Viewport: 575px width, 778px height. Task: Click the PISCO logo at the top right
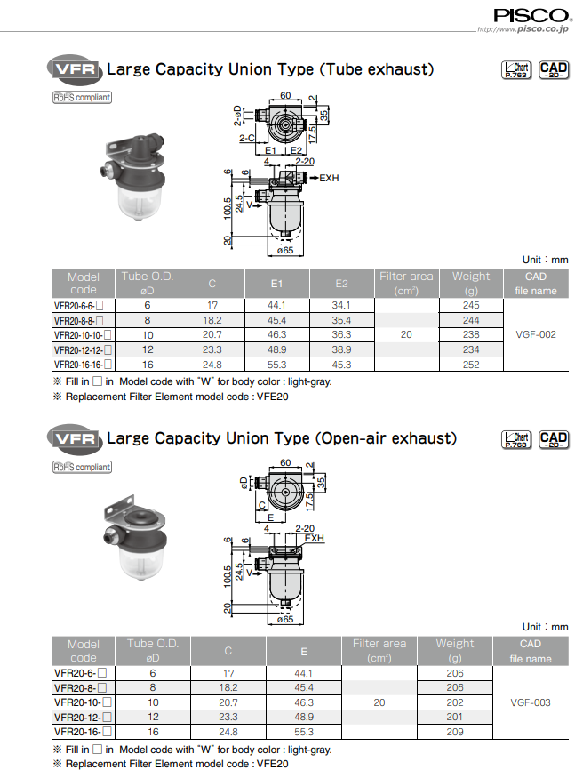tap(531, 14)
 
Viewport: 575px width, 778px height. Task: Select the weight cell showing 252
tap(471, 364)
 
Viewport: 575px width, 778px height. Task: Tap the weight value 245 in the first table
tap(471, 305)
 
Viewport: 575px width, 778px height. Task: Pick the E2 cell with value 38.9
tap(341, 349)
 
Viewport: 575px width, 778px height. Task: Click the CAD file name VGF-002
tap(535, 334)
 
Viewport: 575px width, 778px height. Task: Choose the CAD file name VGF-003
tap(531, 702)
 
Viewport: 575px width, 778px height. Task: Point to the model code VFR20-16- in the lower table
tap(81, 732)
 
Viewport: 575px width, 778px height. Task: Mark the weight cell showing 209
tap(455, 732)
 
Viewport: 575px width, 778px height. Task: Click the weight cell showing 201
tap(455, 717)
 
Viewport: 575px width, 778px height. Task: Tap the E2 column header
tap(341, 284)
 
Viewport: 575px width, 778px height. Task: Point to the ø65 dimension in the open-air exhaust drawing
tap(285, 618)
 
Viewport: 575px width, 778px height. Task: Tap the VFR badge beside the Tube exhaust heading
tap(74, 69)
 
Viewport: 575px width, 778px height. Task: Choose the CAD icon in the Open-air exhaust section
tap(554, 440)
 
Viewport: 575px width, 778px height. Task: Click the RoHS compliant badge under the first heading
tap(82, 98)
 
